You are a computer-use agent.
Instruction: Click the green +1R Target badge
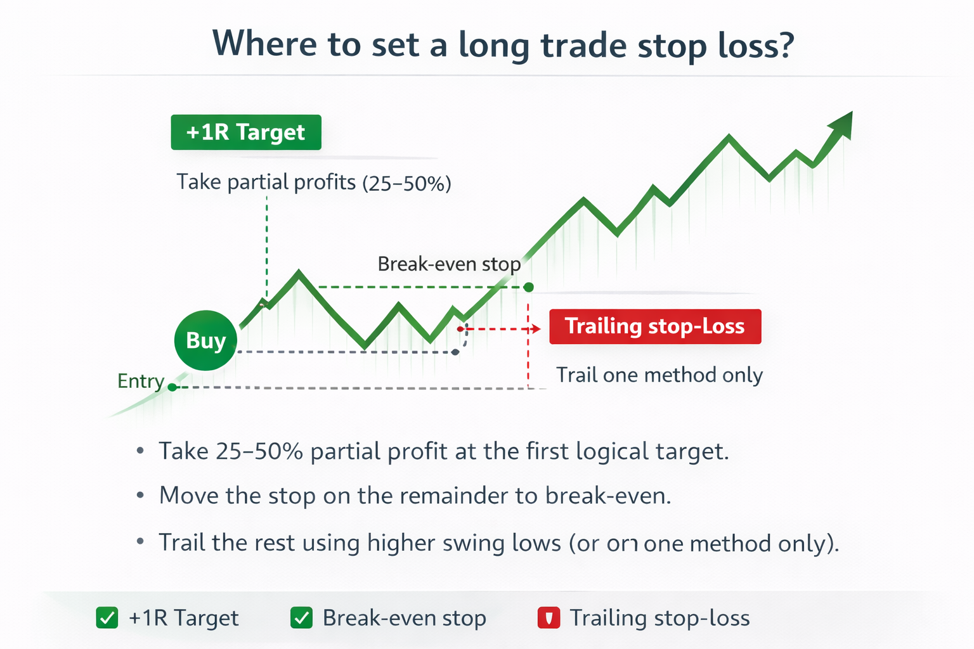coord(245,132)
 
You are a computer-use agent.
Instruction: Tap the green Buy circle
coord(205,340)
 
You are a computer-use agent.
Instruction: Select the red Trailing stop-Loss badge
coord(654,326)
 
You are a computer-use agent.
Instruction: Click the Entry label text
coord(141,381)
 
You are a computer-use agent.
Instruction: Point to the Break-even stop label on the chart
coord(449,264)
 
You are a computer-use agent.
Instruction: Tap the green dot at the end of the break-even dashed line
coord(529,287)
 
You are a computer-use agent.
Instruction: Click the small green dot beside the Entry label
coord(172,387)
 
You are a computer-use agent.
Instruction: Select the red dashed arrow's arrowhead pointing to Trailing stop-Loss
coord(536,329)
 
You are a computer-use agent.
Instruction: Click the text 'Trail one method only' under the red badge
coord(659,375)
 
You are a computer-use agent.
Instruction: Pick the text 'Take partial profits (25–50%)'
coord(313,183)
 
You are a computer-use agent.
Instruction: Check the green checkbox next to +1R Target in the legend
coord(107,617)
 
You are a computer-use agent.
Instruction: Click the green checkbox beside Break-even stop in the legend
coord(301,617)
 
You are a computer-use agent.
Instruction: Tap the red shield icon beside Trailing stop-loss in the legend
coord(549,617)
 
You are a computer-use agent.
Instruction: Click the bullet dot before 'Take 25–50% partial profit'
coord(140,451)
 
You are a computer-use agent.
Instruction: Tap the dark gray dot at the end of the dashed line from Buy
coord(455,352)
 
